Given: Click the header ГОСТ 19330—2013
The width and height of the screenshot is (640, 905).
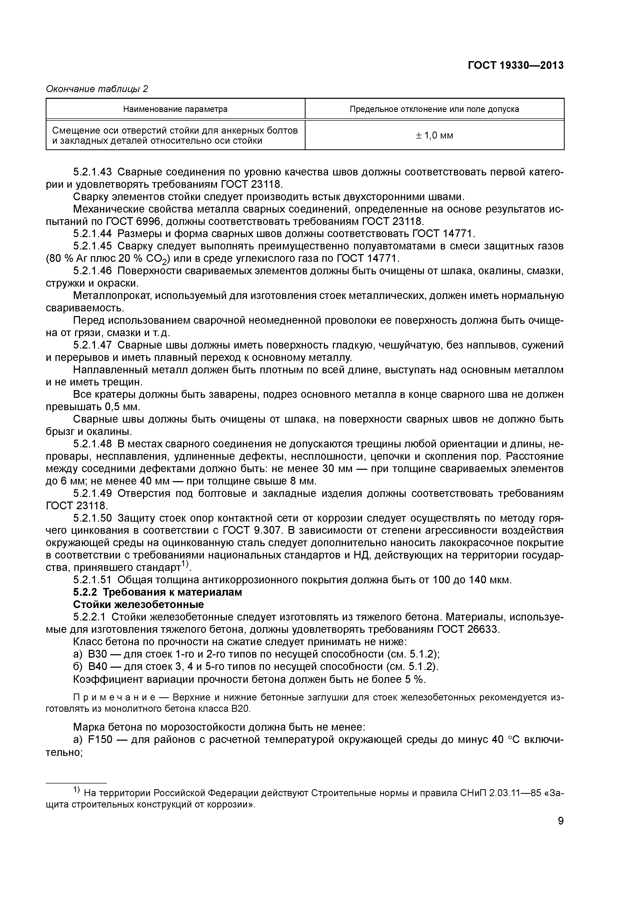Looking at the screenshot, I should coord(515,66).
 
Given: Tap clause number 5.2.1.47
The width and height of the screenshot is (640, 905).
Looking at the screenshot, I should coord(93,345).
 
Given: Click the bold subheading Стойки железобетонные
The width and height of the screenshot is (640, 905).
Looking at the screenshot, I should coord(138,605).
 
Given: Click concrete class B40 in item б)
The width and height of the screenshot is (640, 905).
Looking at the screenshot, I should coord(97,667).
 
